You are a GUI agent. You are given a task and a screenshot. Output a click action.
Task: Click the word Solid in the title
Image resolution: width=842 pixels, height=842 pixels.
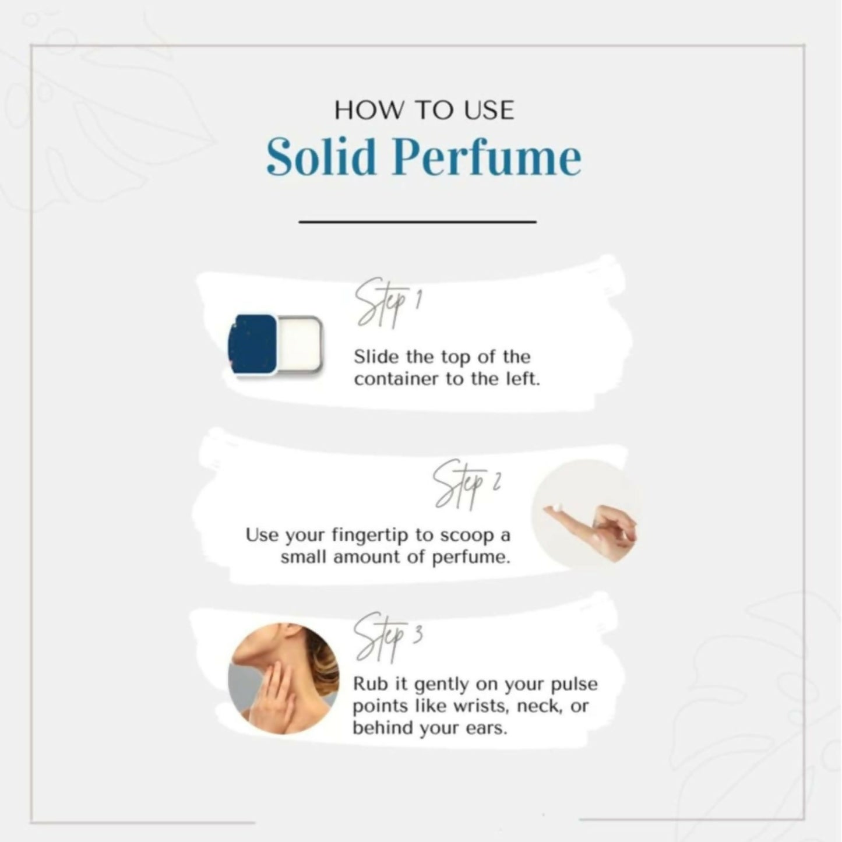tap(321, 157)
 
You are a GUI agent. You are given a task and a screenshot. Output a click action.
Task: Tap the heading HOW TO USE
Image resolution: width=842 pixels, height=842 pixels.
tap(424, 111)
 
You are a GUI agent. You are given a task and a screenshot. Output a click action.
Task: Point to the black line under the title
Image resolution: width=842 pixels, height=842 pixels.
tap(417, 222)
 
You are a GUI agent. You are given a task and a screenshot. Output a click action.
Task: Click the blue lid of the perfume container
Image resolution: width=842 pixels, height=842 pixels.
tap(252, 344)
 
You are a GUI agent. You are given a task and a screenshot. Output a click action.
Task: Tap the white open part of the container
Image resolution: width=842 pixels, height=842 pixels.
tap(299, 345)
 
